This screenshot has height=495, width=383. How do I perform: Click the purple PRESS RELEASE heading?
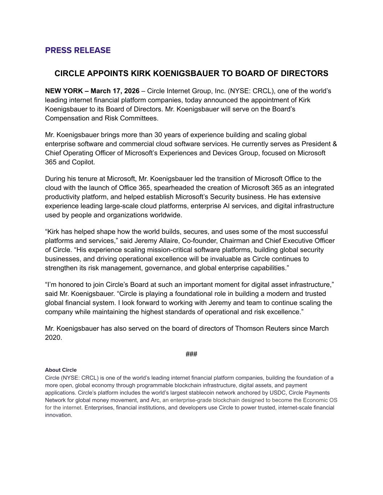(78, 50)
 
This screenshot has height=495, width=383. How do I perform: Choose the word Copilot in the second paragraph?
(83, 162)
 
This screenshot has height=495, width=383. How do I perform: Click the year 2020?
(53, 338)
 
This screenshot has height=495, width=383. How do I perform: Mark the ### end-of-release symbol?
(191, 354)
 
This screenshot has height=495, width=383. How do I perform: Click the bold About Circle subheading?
(61, 370)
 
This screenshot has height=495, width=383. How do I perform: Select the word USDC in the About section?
(277, 393)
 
